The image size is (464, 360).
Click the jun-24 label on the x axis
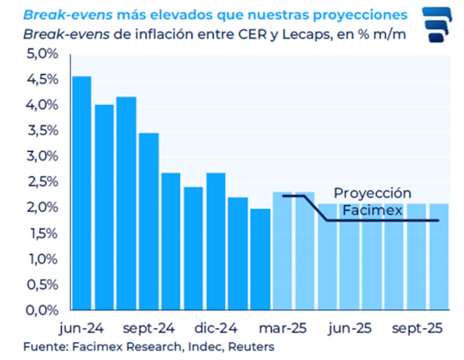click(81, 328)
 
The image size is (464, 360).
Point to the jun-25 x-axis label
click(350, 328)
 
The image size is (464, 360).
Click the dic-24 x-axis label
click(215, 328)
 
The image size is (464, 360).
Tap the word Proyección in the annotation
click(372, 194)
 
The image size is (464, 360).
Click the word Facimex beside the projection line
click(372, 210)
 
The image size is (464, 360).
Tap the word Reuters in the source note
click(251, 347)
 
